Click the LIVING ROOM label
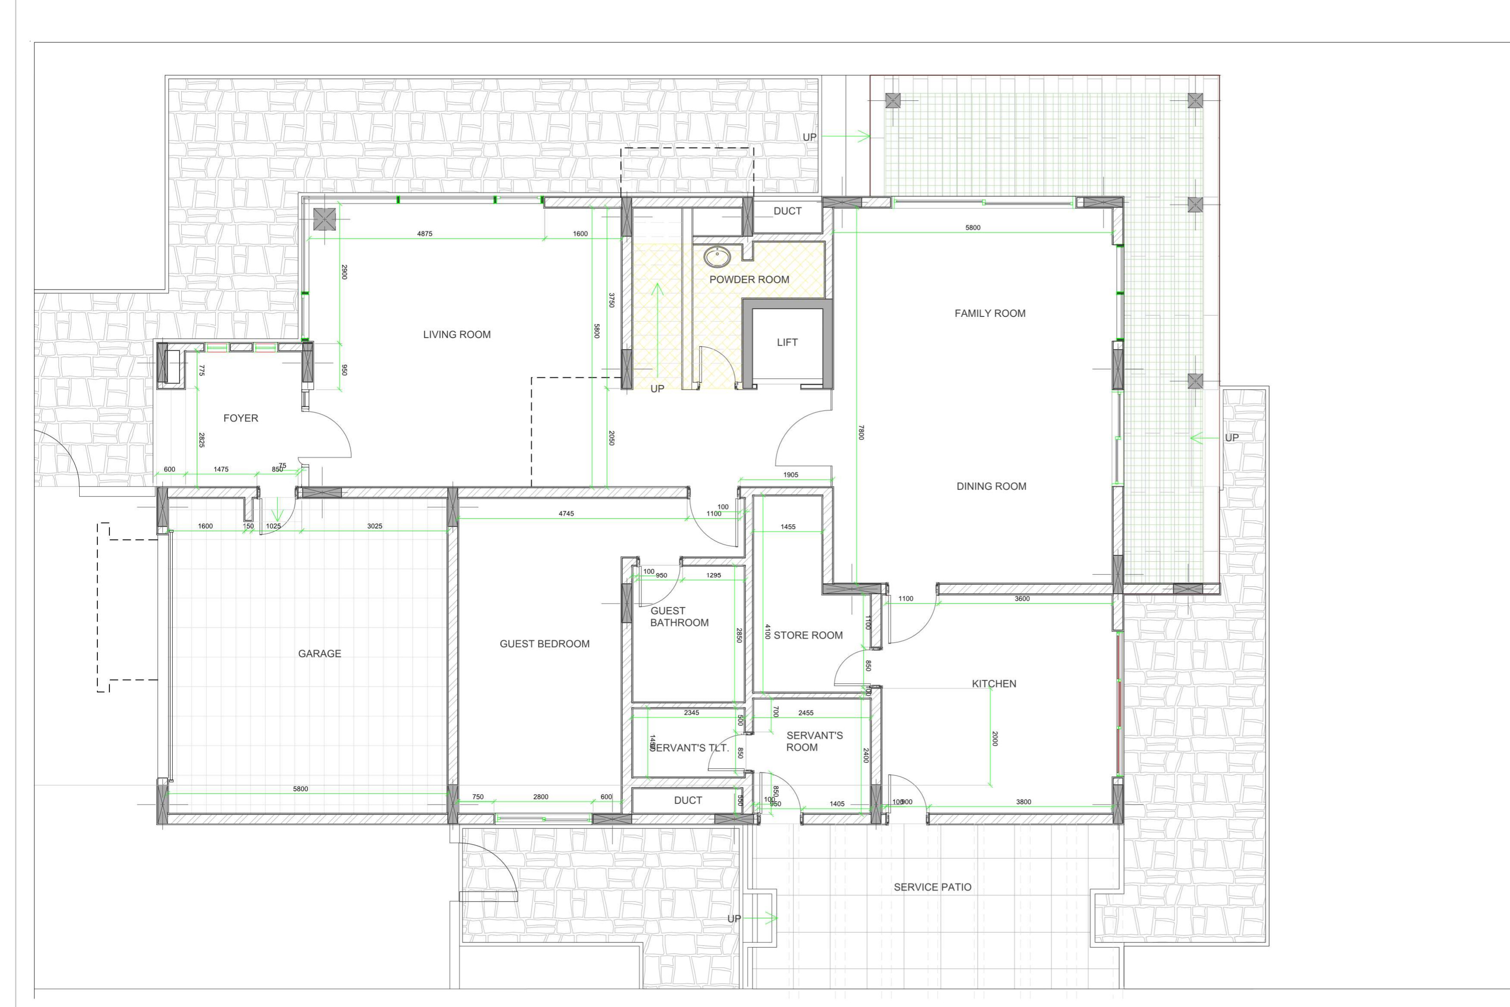pos(456,335)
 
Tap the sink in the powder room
pos(717,257)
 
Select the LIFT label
pos(787,342)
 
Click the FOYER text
pos(241,418)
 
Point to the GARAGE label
pos(319,654)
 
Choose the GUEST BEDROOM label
pos(545,644)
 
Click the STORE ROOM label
pos(808,635)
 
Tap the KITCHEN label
pos(994,684)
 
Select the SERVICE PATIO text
pos(932,887)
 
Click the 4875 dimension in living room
pos(424,234)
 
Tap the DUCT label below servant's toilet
pos(687,800)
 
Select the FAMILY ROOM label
pos(990,313)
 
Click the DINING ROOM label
pos(991,486)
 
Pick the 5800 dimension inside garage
pos(300,789)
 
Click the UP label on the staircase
pos(657,388)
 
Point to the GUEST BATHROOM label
pos(679,617)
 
